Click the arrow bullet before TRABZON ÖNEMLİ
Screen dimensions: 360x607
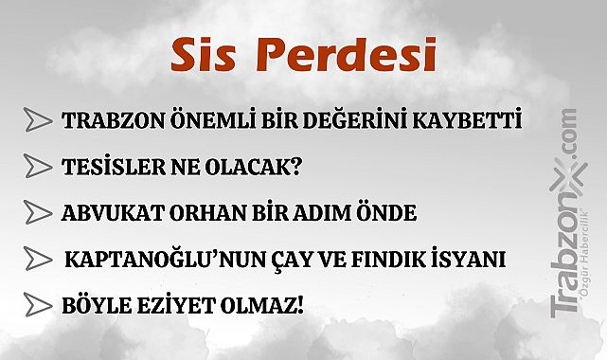(x=38, y=120)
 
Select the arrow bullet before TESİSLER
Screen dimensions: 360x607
(x=38, y=166)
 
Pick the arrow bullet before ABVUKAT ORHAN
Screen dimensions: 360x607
(x=38, y=211)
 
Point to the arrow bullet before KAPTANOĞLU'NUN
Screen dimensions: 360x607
(x=38, y=258)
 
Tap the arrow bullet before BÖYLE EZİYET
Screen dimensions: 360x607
(x=38, y=304)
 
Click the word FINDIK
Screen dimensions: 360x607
(x=365, y=259)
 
